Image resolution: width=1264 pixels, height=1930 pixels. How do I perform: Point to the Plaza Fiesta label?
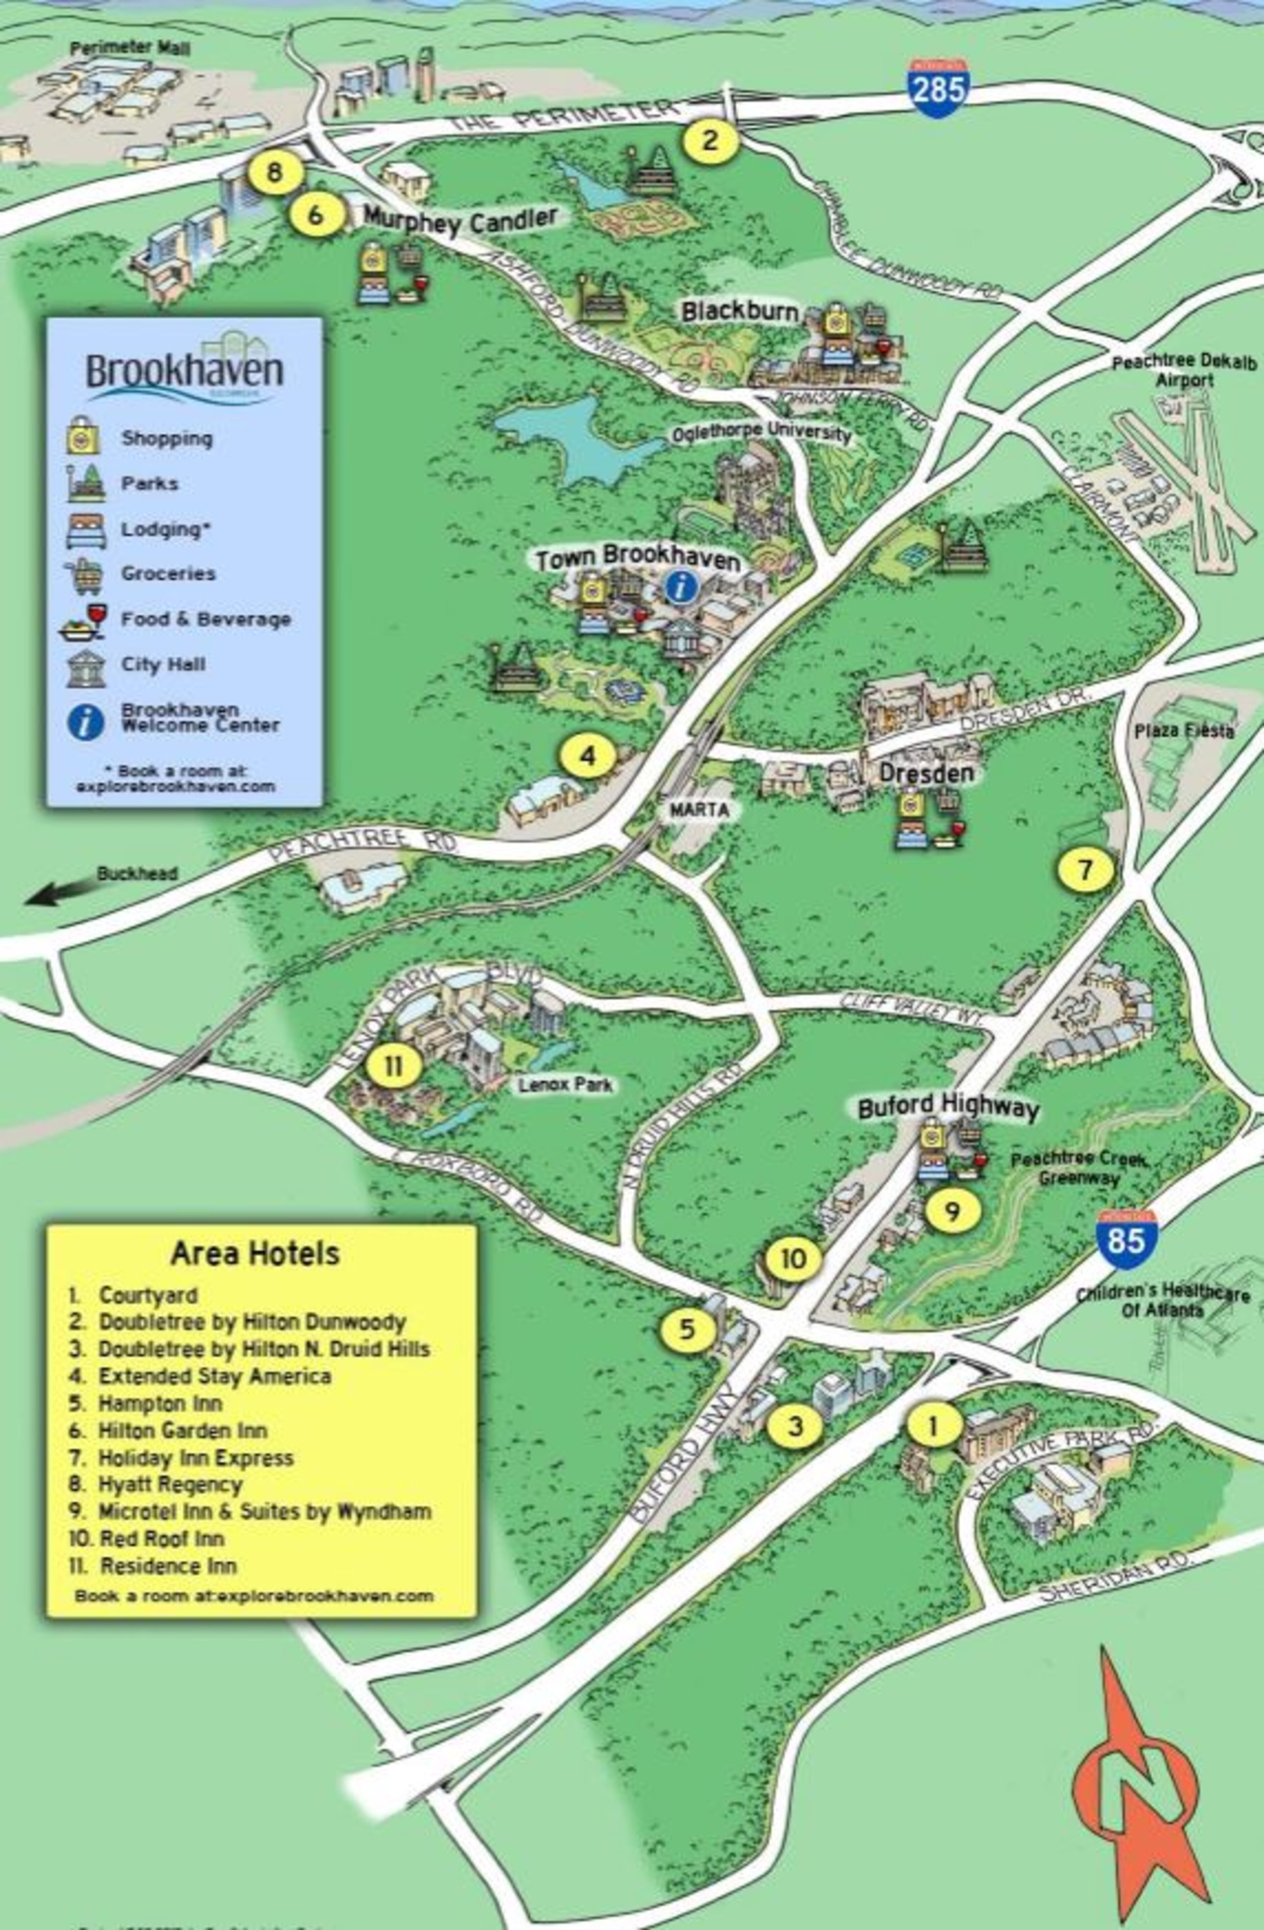pos(1184,731)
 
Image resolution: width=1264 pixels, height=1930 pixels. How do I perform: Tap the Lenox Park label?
pos(565,1084)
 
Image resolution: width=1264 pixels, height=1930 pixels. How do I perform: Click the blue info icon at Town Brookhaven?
pos(681,586)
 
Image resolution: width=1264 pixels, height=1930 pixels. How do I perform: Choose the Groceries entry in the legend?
pos(168,573)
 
